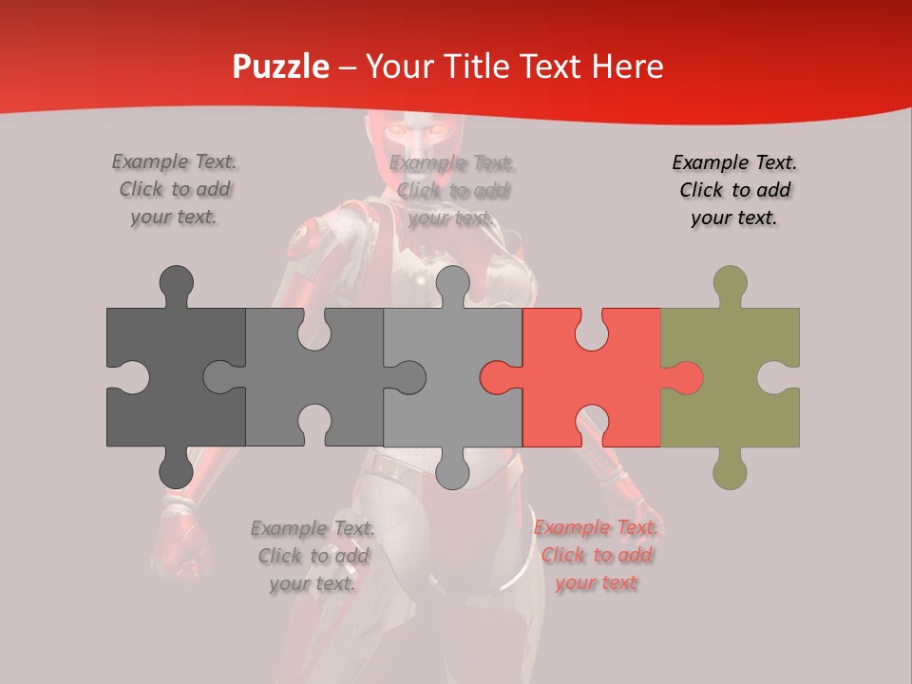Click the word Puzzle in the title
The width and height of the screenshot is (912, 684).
point(281,66)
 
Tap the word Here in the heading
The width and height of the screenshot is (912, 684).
point(626,66)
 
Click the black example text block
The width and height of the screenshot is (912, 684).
point(734,190)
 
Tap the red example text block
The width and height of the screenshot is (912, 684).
point(596,555)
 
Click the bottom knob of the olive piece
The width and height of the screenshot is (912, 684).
point(730,469)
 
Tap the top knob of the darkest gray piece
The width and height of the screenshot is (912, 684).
point(176,283)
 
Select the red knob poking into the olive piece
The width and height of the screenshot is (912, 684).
point(686,377)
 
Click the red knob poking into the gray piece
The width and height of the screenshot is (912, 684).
point(498,377)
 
